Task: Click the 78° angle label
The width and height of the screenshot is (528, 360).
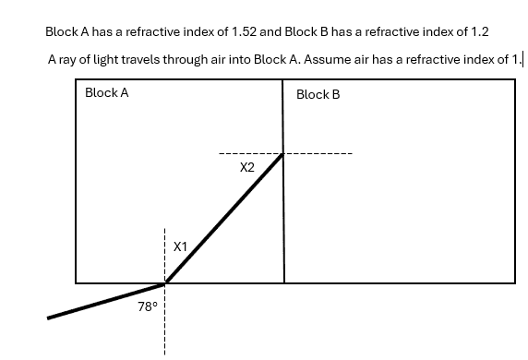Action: pos(148,306)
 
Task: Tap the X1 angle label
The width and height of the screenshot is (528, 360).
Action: pos(180,246)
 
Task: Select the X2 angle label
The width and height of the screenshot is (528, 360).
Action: pos(247,167)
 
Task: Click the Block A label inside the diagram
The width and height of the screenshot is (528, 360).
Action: pos(107,92)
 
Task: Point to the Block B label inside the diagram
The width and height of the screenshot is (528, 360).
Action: pos(318,95)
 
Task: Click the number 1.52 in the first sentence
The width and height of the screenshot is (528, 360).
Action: pos(244,32)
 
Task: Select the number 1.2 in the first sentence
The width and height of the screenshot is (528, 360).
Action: pos(479,32)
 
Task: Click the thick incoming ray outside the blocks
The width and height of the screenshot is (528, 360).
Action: pos(106,301)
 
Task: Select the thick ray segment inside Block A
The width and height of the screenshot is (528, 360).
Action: pos(223,218)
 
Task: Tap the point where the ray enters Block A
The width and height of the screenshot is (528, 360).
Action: pos(165,283)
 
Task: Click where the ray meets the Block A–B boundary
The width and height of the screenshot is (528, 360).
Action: pos(282,154)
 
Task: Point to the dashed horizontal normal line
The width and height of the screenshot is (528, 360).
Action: pos(285,154)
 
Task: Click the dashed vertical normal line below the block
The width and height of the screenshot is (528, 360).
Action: pos(164,319)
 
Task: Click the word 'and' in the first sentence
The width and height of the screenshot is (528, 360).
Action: pos(270,32)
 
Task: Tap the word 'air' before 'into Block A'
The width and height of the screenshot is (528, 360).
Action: pos(219,60)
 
